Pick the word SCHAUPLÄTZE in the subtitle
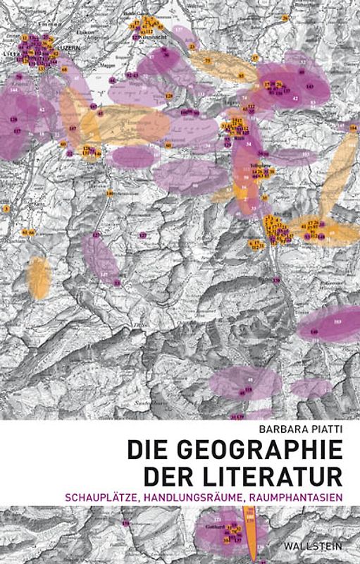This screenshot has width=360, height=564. coord(163,496)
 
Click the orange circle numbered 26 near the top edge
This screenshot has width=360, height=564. coord(147,18)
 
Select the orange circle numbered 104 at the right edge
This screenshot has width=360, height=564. coord(353,129)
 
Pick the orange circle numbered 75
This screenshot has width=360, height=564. coord(208,61)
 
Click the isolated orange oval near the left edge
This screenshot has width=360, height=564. coord(39,276)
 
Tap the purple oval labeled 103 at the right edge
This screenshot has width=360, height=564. coord(337,323)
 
